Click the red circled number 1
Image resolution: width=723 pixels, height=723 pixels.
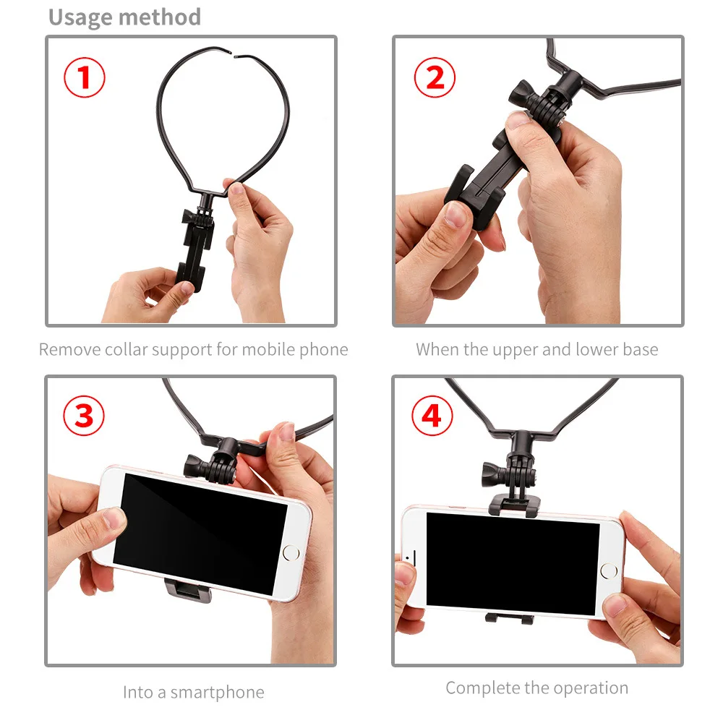pyautogui.click(x=85, y=77)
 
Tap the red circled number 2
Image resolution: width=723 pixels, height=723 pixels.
pyautogui.click(x=435, y=77)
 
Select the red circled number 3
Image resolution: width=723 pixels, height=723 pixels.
pyautogui.click(x=85, y=416)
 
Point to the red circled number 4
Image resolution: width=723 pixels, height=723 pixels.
pyautogui.click(x=432, y=416)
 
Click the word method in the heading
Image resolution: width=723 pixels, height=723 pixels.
pyautogui.click(x=166, y=17)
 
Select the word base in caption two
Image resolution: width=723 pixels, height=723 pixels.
pyautogui.click(x=640, y=350)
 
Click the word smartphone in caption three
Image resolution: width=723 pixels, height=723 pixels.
pyautogui.click(x=217, y=693)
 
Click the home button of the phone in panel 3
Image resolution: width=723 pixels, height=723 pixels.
pyautogui.click(x=291, y=554)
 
